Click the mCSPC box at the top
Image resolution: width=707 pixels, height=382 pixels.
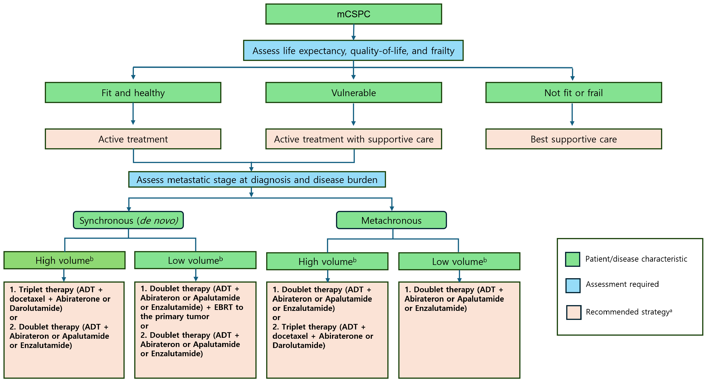353,14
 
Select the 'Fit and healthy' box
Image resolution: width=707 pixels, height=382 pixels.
133,93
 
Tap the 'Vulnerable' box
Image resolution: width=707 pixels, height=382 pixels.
353,93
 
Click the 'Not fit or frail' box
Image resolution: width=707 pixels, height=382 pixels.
573,93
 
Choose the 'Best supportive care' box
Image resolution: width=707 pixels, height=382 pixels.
573,139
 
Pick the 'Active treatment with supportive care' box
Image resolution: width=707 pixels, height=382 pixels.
353,139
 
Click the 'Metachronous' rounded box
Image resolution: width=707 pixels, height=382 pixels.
391,220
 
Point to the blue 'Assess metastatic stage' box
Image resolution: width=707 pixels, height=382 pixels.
257,180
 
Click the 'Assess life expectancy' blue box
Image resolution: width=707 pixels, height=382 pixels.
353,51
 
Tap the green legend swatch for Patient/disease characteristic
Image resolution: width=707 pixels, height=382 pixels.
573,259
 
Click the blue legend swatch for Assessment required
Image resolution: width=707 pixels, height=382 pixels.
573,285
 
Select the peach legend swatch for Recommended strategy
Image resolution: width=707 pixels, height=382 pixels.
574,312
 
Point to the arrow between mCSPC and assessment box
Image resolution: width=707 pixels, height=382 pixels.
353,32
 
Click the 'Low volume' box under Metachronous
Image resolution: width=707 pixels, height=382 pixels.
459,261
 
